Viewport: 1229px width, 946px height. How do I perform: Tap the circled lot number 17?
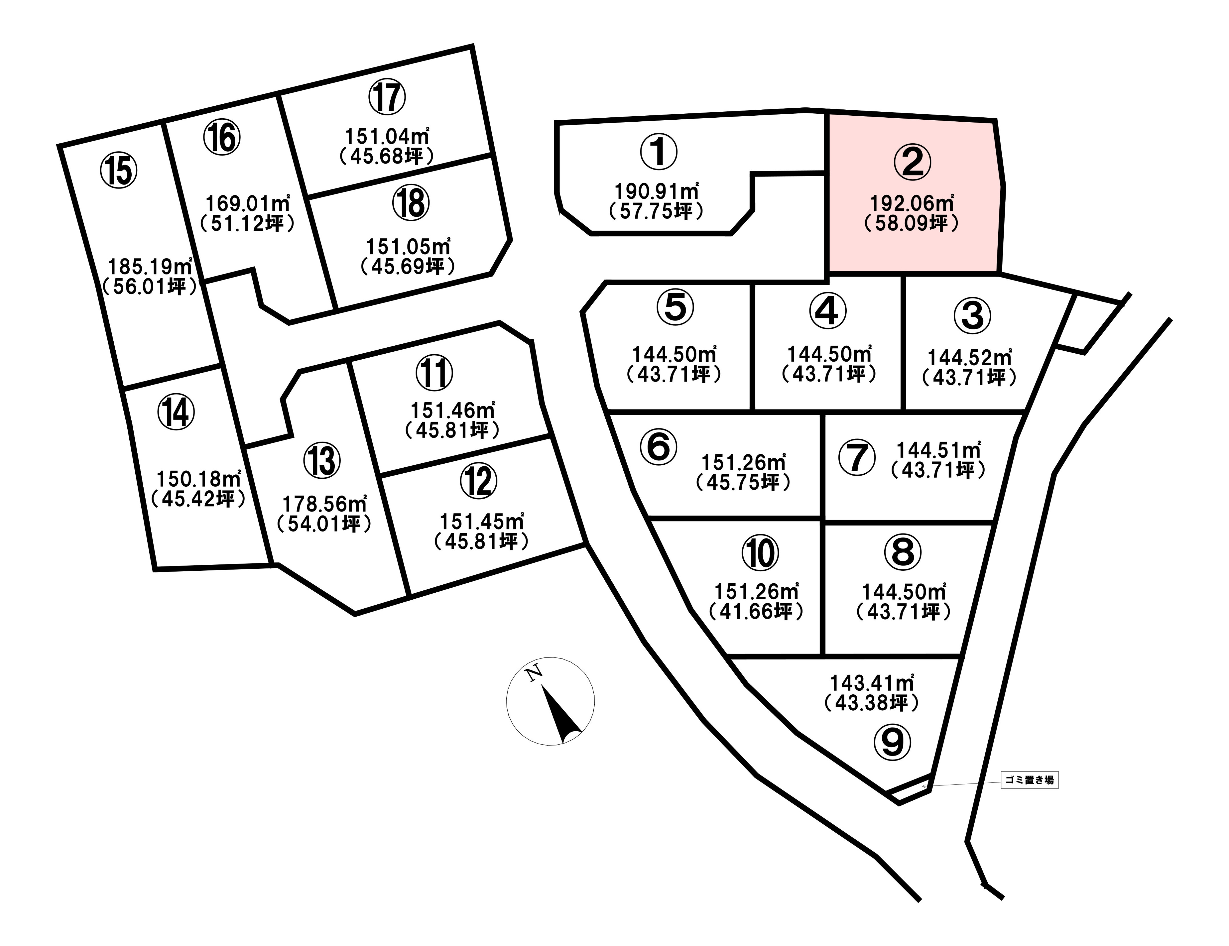point(387,97)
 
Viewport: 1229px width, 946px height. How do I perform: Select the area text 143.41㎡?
point(872,683)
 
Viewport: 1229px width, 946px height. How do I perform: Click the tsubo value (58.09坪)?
point(912,223)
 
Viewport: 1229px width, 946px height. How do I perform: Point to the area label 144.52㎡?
point(970,358)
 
